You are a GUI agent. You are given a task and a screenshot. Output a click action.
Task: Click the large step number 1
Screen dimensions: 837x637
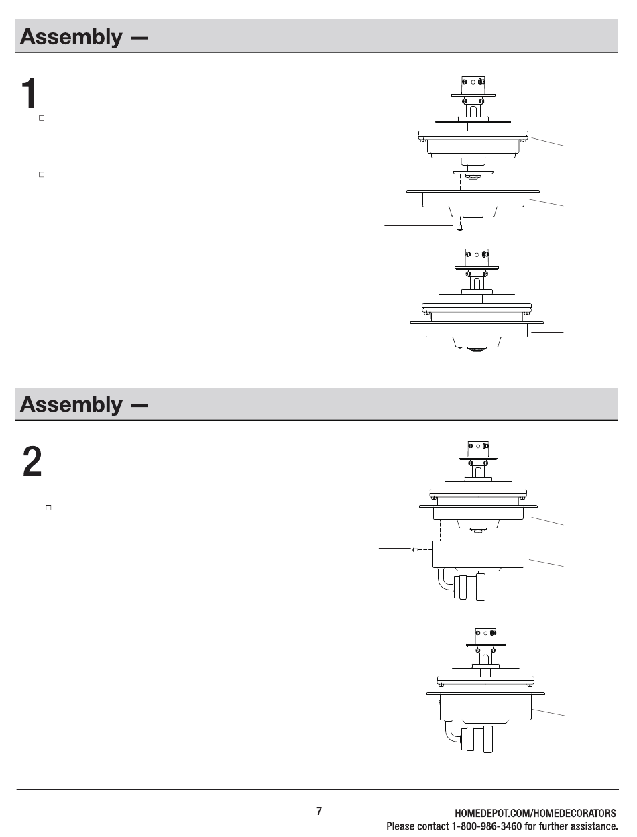pyautogui.click(x=27, y=94)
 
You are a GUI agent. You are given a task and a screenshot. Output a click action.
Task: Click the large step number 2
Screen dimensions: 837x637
pyautogui.click(x=32, y=461)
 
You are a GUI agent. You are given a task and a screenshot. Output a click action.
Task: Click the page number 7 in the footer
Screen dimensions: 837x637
pyautogui.click(x=319, y=811)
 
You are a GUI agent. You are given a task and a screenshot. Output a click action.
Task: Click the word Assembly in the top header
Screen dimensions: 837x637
pyautogui.click(x=71, y=36)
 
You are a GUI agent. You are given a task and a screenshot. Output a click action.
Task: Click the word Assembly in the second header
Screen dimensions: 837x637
pyautogui.click(x=71, y=404)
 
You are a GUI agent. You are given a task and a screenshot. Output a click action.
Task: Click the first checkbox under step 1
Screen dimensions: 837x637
pyautogui.click(x=42, y=118)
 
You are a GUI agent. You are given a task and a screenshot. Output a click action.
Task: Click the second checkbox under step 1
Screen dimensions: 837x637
pyautogui.click(x=42, y=174)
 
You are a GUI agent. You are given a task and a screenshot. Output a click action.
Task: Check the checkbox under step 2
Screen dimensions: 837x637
pyautogui.click(x=49, y=508)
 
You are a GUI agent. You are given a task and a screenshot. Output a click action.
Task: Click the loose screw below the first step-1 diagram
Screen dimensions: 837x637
pyautogui.click(x=460, y=227)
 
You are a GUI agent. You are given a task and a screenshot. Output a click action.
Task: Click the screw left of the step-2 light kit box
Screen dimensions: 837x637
pyautogui.click(x=416, y=549)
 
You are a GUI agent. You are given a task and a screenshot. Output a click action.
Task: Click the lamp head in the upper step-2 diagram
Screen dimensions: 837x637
pyautogui.click(x=469, y=587)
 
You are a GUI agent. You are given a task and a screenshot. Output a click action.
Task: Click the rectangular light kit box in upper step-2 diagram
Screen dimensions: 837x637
pyautogui.click(x=478, y=553)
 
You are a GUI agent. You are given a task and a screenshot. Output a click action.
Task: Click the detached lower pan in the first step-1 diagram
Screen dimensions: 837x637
pyautogui.click(x=473, y=201)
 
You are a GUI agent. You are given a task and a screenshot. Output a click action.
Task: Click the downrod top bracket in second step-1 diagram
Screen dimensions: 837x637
pyautogui.click(x=477, y=258)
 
